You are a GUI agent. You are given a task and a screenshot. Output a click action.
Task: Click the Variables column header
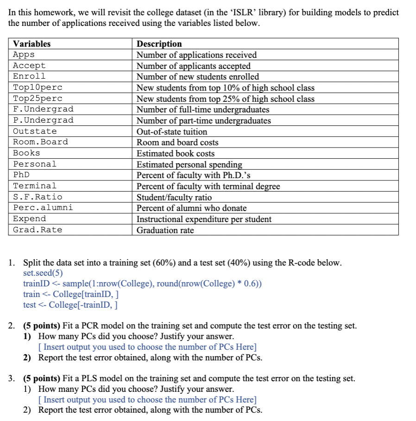pyautogui.click(x=32, y=44)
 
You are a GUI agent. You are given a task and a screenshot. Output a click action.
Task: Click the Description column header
pyautogui.click(x=159, y=44)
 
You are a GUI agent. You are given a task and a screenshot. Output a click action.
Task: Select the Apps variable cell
pyautogui.click(x=24, y=55)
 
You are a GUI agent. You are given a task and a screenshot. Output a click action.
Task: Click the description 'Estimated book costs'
pyautogui.click(x=176, y=153)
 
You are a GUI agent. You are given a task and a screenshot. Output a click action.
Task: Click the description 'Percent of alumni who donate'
pyautogui.click(x=191, y=208)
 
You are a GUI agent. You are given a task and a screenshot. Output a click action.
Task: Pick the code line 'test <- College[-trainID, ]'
pyautogui.click(x=70, y=305)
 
